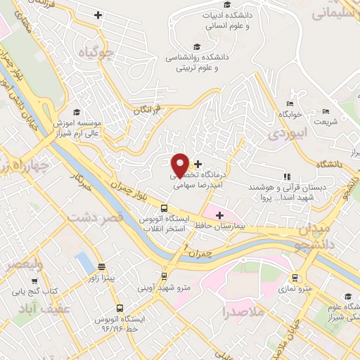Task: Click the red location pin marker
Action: (x=181, y=166)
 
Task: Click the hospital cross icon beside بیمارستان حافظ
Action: (x=219, y=215)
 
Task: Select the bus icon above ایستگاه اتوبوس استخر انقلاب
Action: (x=164, y=208)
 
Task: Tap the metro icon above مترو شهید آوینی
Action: (x=164, y=276)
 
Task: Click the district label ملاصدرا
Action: (x=245, y=310)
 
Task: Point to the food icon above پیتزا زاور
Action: (x=102, y=266)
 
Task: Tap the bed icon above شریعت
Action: (x=325, y=111)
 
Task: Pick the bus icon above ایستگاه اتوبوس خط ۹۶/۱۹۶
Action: (x=119, y=308)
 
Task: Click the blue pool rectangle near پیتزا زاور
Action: (x=84, y=262)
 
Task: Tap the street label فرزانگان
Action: (x=147, y=110)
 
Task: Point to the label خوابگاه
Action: (x=290, y=113)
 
